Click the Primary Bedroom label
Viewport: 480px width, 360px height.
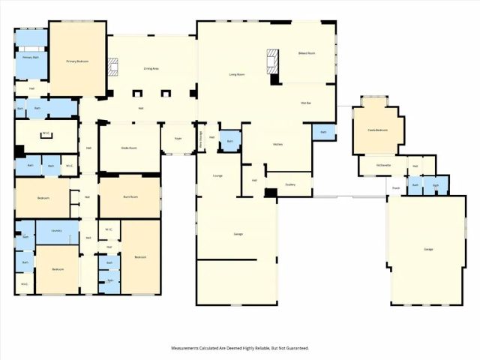77,61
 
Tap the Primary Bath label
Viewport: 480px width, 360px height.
30,57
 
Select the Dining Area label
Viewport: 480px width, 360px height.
151,68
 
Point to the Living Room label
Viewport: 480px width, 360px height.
238,74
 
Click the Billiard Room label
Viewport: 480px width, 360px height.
306,53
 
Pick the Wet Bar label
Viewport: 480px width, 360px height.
305,102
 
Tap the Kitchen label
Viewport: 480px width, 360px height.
277,143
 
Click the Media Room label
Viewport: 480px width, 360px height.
129,148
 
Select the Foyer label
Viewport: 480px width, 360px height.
178,139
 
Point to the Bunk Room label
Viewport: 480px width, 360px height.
130,197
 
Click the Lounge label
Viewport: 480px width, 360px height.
217,176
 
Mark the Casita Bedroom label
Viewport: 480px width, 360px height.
377,130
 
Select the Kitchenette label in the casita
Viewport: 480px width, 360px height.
382,166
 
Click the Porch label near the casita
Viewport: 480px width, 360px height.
394,187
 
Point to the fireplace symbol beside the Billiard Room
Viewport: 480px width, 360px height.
273,58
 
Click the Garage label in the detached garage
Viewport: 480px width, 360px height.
428,249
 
